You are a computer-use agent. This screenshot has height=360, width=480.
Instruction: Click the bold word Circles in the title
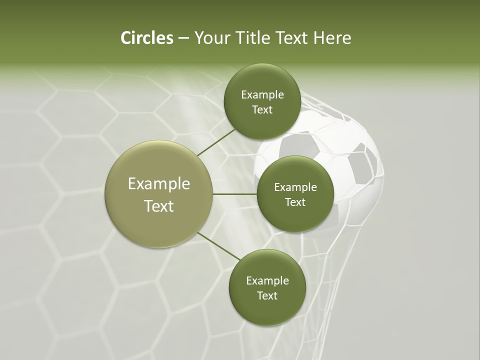click(x=146, y=38)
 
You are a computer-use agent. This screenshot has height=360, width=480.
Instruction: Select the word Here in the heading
click(x=332, y=38)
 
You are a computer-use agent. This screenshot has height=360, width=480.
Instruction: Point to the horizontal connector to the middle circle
click(x=235, y=194)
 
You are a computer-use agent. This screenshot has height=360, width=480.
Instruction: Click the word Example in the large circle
click(x=159, y=183)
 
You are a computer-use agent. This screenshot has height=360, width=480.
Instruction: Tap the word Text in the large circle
click(x=159, y=206)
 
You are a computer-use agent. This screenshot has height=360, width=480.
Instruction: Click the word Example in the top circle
click(x=262, y=95)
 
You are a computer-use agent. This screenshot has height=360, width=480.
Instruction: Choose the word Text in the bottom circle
click(x=267, y=295)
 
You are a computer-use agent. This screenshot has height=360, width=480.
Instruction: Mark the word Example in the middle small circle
click(x=295, y=187)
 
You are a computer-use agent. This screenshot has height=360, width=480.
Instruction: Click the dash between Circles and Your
click(x=183, y=38)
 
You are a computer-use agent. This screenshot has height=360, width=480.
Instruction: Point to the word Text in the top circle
click(x=262, y=110)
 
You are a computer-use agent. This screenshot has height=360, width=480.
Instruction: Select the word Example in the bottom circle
click(x=267, y=280)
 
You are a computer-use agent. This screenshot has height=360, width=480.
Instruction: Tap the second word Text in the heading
click(x=291, y=38)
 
